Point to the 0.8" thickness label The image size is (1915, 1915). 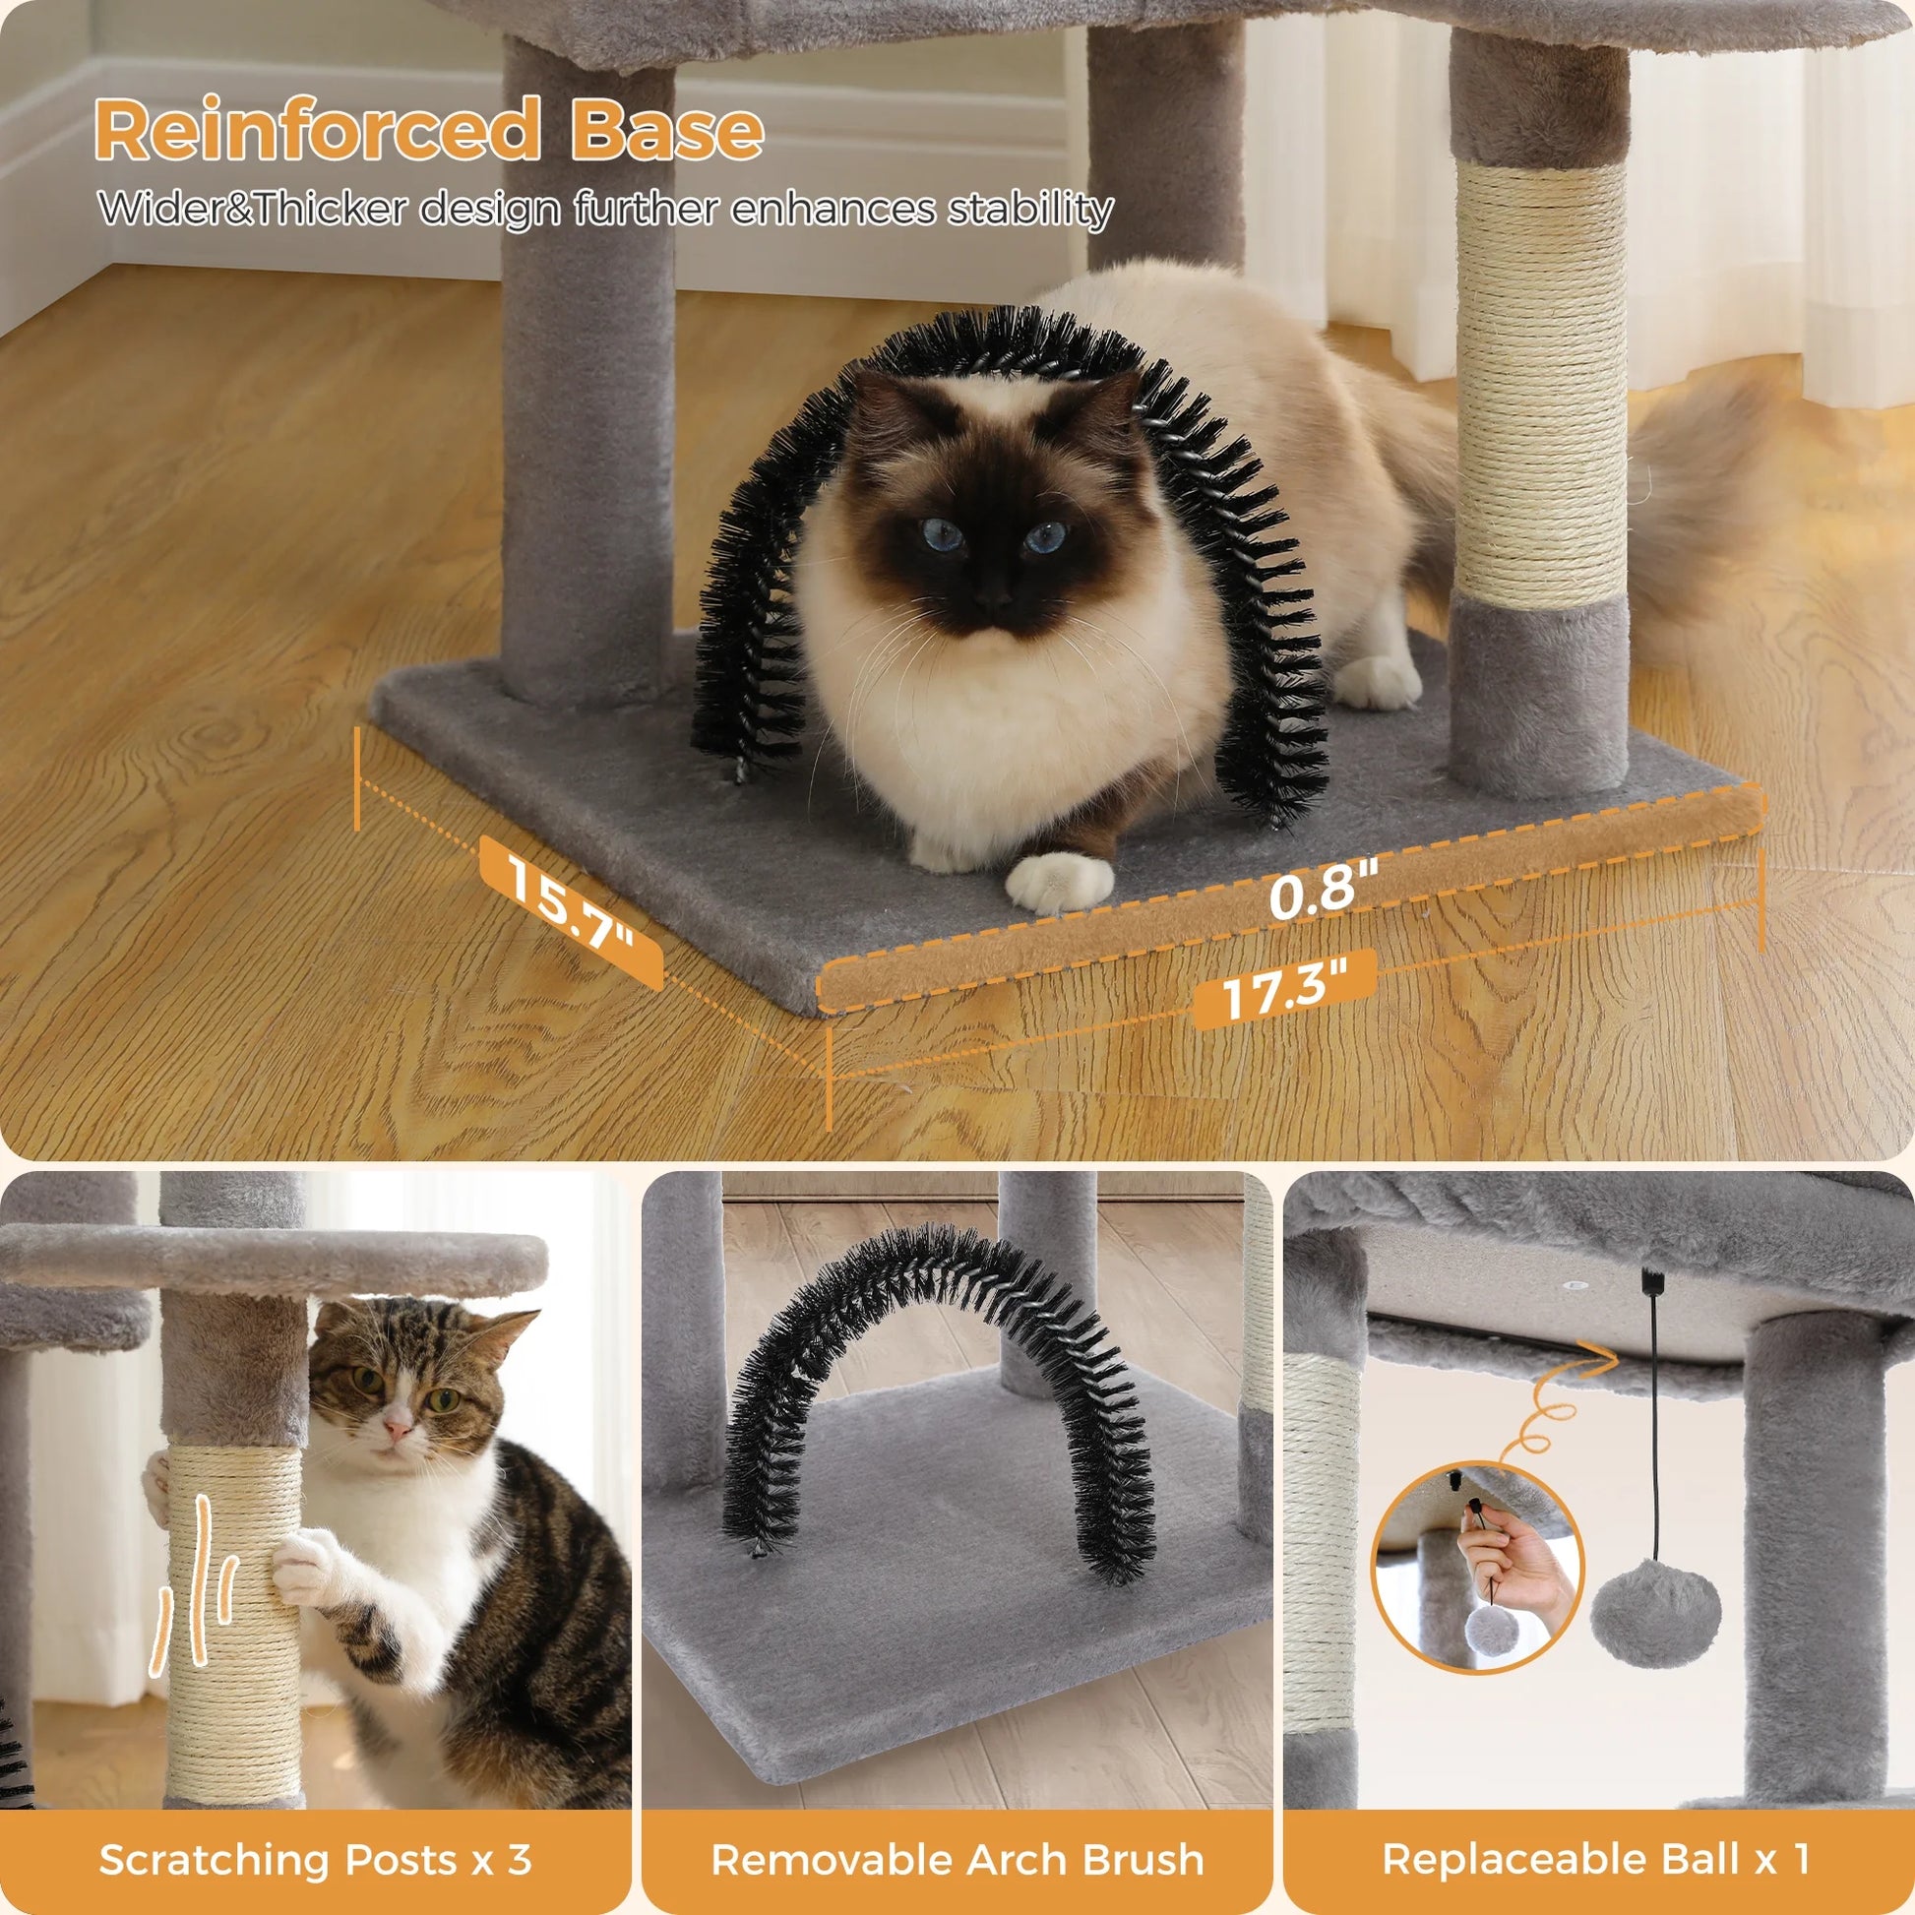1324,890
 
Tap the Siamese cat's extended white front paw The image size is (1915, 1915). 1059,881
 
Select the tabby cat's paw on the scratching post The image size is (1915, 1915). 302,1563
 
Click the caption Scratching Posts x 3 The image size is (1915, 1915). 315,1833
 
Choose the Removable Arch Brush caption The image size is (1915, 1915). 957,1833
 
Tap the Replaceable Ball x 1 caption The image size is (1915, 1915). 1597,1833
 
